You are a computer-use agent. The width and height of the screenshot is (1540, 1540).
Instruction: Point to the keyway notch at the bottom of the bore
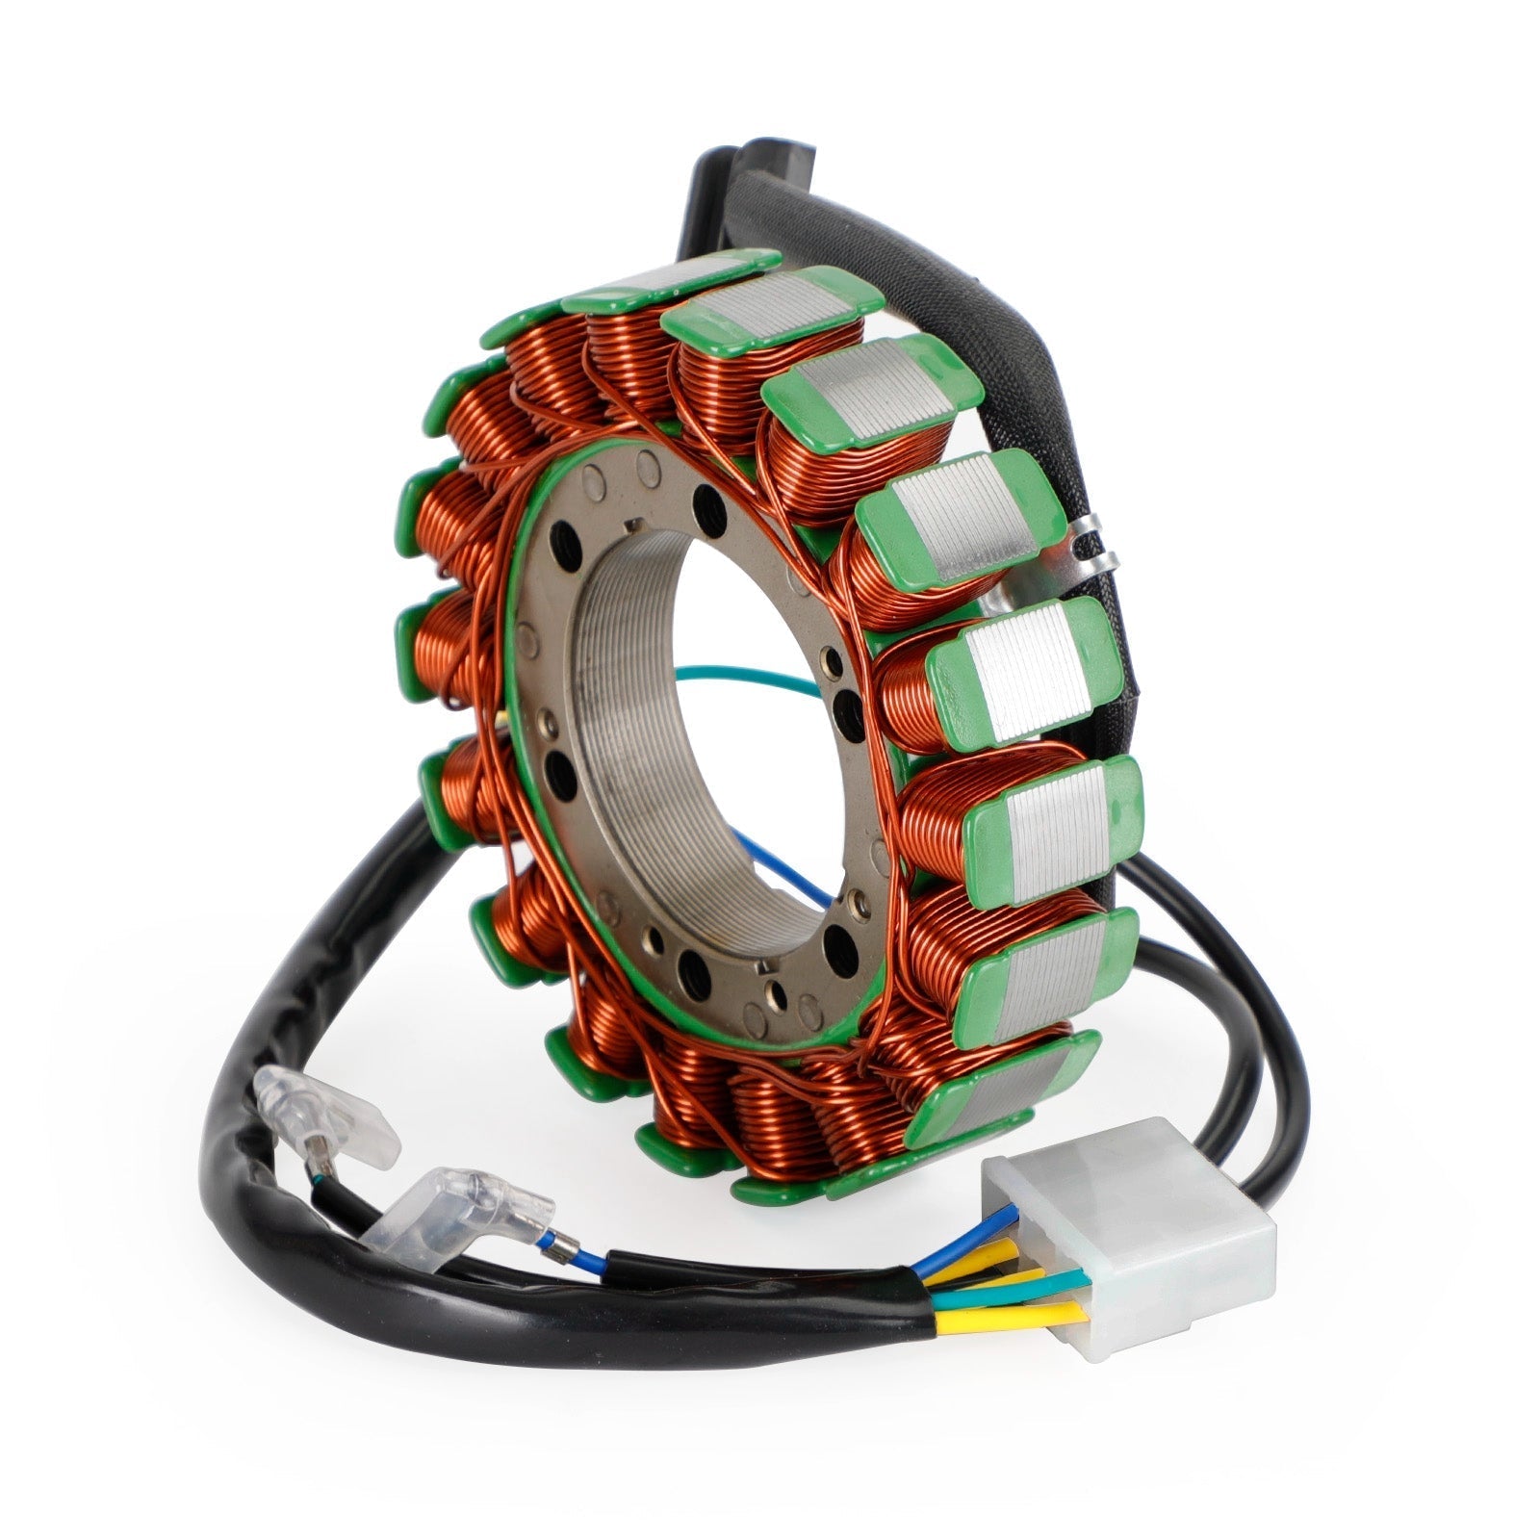[760, 967]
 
